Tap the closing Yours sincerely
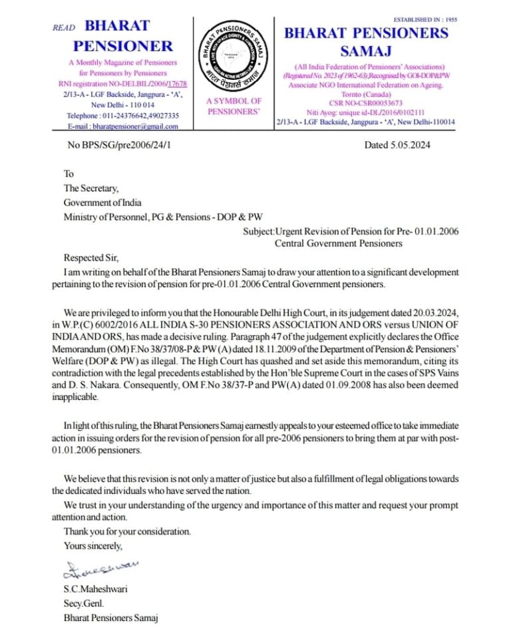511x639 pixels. tap(93, 546)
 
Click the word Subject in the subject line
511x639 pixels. tap(259, 231)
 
